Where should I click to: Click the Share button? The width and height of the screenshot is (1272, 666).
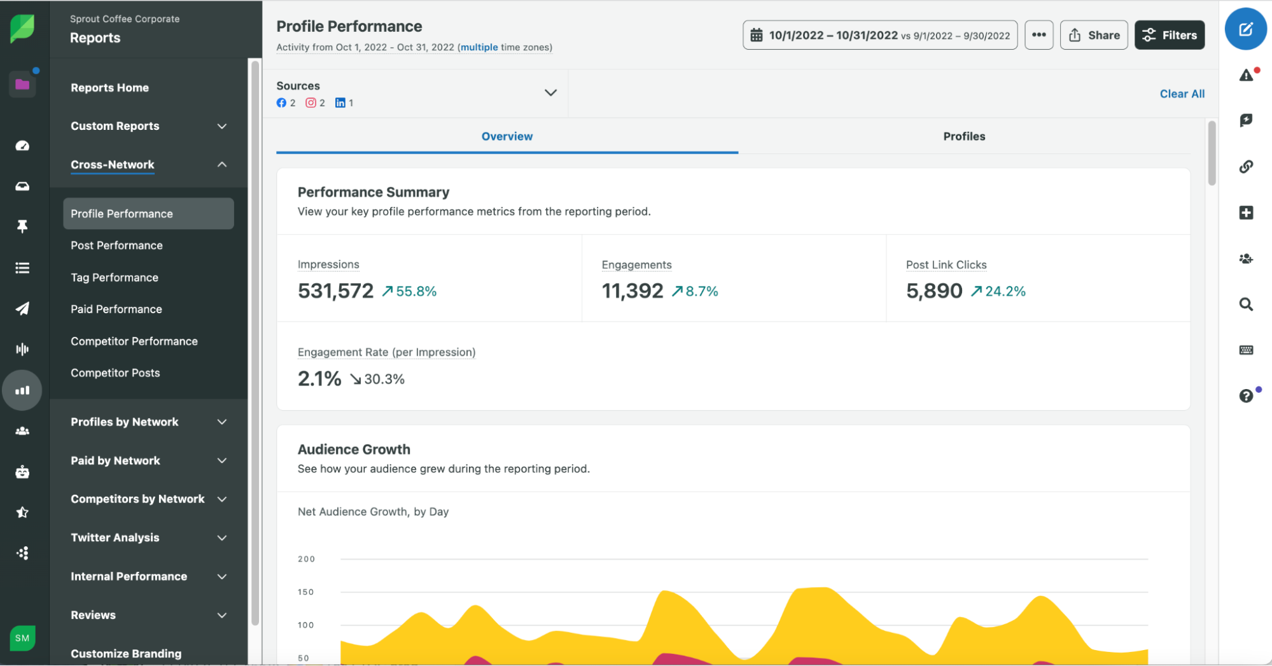[x=1093, y=35]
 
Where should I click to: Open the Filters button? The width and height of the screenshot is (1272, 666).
[x=1169, y=35]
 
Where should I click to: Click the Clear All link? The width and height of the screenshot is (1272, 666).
[x=1182, y=94]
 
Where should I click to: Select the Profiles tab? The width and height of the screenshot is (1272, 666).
[x=963, y=136]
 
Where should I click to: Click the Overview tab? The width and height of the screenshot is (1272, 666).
[x=507, y=136]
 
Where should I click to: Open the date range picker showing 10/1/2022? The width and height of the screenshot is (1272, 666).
[x=879, y=35]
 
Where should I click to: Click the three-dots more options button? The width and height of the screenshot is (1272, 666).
[x=1038, y=35]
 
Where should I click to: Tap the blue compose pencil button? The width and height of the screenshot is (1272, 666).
[x=1245, y=29]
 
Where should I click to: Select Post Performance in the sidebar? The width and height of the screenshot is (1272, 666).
[x=116, y=245]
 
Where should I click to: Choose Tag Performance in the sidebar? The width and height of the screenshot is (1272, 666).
[x=115, y=278]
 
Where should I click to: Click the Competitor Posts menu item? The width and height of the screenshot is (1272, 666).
[x=115, y=373]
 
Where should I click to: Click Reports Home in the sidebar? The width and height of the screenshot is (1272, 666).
[x=109, y=88]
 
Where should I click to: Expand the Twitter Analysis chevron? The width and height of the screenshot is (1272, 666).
[x=222, y=538]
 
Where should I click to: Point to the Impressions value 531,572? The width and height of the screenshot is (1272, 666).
[x=335, y=291]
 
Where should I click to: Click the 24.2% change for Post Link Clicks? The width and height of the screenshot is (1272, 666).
[x=1005, y=291]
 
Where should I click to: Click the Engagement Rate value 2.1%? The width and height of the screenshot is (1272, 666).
[x=319, y=379]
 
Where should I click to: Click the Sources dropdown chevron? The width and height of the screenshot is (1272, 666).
[x=550, y=93]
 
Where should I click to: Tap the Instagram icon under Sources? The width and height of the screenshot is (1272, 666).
[x=311, y=103]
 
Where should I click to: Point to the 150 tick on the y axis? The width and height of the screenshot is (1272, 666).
[x=306, y=592]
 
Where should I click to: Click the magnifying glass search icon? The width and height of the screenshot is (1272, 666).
[x=1245, y=304]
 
